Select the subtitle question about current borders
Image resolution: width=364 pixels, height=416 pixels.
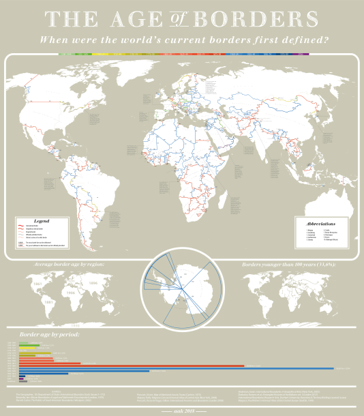click(x=182, y=40)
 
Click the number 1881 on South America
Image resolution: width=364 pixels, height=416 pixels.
click(x=48, y=301)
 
